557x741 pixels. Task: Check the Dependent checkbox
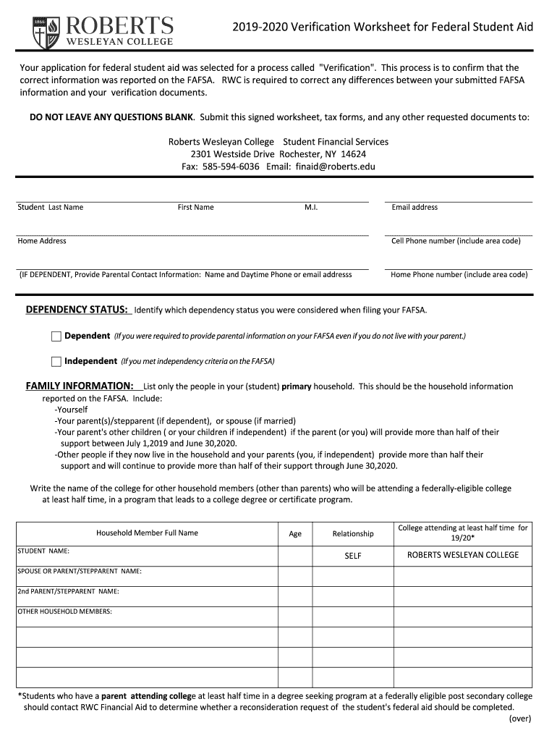tap(56, 336)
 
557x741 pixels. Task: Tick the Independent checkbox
tap(56, 361)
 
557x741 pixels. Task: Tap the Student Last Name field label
tap(51, 207)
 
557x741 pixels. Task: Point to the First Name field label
tap(196, 207)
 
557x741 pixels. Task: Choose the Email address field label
tap(414, 207)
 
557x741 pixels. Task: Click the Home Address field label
tap(42, 241)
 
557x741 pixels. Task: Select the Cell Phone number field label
tap(456, 241)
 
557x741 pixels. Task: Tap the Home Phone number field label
tap(459, 275)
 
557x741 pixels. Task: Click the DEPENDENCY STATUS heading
tap(77, 310)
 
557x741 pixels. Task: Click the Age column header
tap(295, 534)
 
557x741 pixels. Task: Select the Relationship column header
tap(353, 534)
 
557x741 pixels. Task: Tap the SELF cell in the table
tap(353, 556)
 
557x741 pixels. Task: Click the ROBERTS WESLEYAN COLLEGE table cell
tap(463, 555)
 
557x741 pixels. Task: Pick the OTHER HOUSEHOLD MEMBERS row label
tap(65, 611)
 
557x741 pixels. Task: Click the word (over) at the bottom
tap(519, 719)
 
